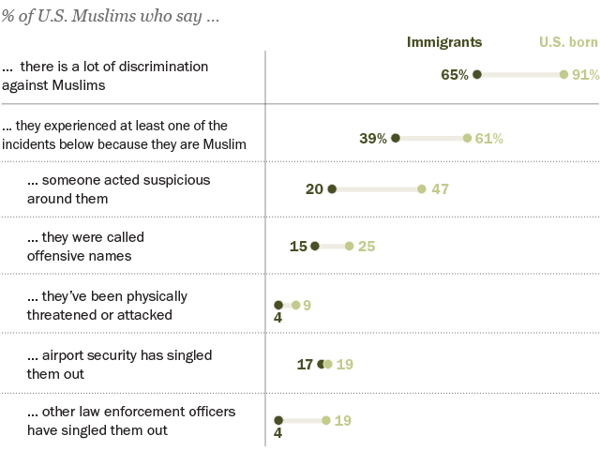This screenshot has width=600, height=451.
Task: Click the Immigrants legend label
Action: click(x=443, y=42)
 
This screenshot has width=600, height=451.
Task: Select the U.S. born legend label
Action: click(x=569, y=42)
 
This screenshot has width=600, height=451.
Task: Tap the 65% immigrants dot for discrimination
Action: click(x=477, y=75)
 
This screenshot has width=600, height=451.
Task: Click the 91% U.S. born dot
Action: click(x=563, y=75)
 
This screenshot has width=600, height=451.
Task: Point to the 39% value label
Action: click(x=373, y=139)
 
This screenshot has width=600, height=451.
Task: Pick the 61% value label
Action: click(x=489, y=139)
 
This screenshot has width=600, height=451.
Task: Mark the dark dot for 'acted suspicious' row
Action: click(x=333, y=189)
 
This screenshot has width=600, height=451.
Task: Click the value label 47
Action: click(x=441, y=189)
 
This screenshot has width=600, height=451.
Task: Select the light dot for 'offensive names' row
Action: click(x=350, y=247)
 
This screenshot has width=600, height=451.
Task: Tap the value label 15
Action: click(x=299, y=247)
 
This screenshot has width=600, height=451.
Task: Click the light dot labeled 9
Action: click(x=295, y=305)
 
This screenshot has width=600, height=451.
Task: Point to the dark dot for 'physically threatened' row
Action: click(x=278, y=305)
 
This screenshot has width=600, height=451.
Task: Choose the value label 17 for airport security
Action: click(x=305, y=364)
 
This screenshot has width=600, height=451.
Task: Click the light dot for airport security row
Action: click(x=327, y=364)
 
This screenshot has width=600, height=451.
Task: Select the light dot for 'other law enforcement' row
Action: click(x=326, y=421)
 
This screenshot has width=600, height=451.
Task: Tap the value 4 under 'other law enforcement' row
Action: click(x=278, y=435)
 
